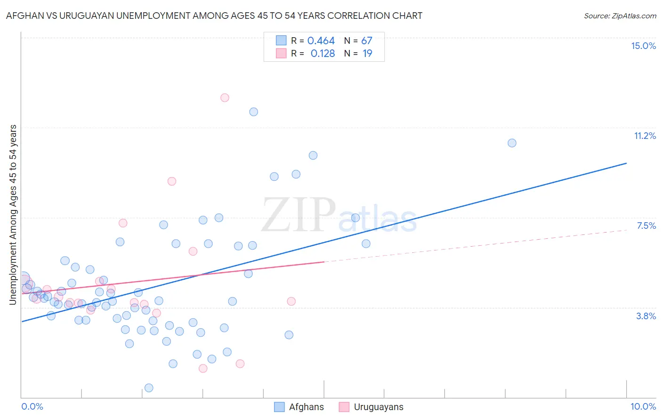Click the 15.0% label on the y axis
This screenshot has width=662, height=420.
643,46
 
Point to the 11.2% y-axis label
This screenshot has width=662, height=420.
645,136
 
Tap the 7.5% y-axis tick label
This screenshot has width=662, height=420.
646,226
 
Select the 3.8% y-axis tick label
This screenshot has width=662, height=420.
646,316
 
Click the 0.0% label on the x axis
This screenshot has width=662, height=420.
32,406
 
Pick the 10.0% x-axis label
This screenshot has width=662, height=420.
643,406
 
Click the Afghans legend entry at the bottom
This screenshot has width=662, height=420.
306,407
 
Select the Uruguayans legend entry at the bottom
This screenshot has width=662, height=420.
378,407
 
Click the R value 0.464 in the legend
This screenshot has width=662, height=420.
321,41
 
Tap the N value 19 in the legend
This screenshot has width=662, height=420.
367,54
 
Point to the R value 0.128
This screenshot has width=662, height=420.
323,54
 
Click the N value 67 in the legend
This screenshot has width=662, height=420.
367,41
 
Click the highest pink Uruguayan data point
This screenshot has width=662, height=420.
225,98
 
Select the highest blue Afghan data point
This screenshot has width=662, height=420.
254,112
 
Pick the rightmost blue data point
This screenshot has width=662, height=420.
512,143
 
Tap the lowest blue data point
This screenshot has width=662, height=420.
149,388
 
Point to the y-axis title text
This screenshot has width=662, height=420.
13,215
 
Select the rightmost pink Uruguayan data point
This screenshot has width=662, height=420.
291,301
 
